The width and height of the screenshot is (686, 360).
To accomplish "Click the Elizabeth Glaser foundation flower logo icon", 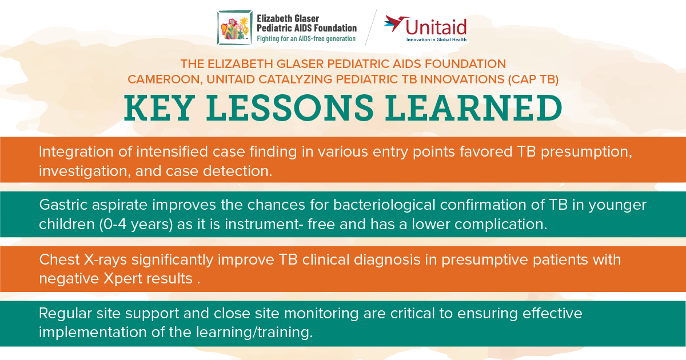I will click(x=234, y=27).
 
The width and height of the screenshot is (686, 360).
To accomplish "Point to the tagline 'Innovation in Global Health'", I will click(x=436, y=40).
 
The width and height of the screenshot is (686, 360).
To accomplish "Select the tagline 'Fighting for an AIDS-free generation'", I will click(x=306, y=39).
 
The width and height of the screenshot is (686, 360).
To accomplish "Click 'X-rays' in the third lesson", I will click(x=97, y=260).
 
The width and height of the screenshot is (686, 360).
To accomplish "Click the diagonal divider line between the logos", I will click(x=371, y=27).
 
